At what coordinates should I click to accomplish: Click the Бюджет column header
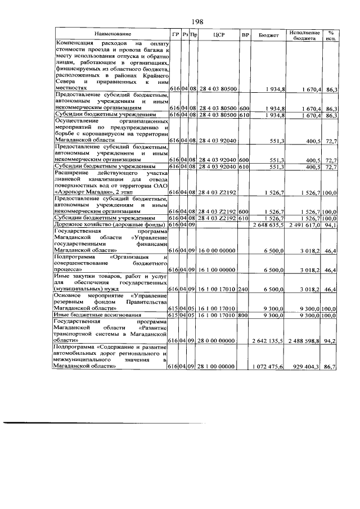pyautogui.click(x=268, y=35)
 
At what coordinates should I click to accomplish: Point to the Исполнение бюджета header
pyautogui.click(x=305, y=35)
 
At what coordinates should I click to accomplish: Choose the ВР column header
pyautogui.click(x=245, y=35)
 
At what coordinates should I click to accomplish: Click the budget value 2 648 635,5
pyautogui.click(x=269, y=225)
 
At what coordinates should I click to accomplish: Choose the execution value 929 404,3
pyautogui.click(x=307, y=366)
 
